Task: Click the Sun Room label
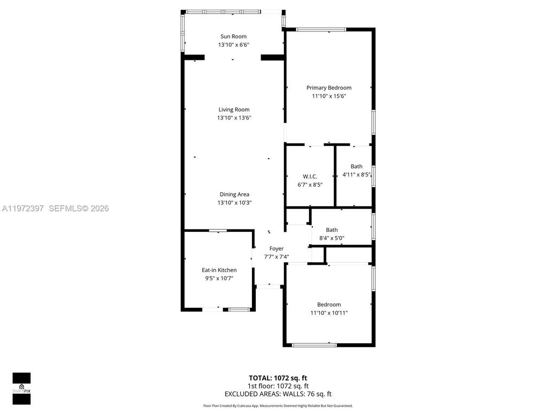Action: tap(233, 36)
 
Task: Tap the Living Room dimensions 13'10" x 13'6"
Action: tap(233, 118)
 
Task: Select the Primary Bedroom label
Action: tap(328, 87)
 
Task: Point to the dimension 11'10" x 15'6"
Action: tap(328, 96)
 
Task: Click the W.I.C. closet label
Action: tap(309, 176)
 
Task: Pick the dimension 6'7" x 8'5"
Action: tap(309, 185)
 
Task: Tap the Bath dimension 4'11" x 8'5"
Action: tap(356, 175)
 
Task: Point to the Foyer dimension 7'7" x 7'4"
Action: tap(276, 257)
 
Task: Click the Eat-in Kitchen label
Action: tap(219, 270)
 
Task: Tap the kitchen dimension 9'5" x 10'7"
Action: tap(219, 279)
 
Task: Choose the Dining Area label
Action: tap(235, 194)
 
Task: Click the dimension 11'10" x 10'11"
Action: tap(328, 313)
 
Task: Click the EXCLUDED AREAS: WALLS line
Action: tap(278, 394)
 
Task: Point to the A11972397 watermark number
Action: tap(23, 208)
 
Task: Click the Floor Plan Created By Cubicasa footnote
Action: tap(278, 406)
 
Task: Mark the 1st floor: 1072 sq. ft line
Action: tap(278, 386)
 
